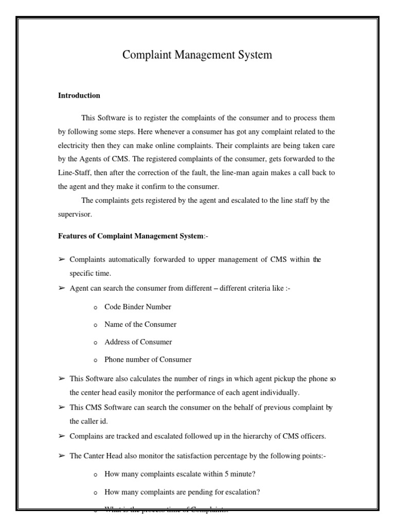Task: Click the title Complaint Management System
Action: [x=197, y=55]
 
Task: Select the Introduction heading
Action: [x=79, y=96]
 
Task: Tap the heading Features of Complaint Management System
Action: [x=131, y=236]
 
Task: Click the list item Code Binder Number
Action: [x=137, y=307]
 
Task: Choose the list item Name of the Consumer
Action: [x=140, y=324]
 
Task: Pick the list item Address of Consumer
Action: [x=138, y=342]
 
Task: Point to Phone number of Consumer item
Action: [x=148, y=360]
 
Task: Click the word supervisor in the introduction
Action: [x=73, y=214]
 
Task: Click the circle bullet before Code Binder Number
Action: [x=95, y=307]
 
